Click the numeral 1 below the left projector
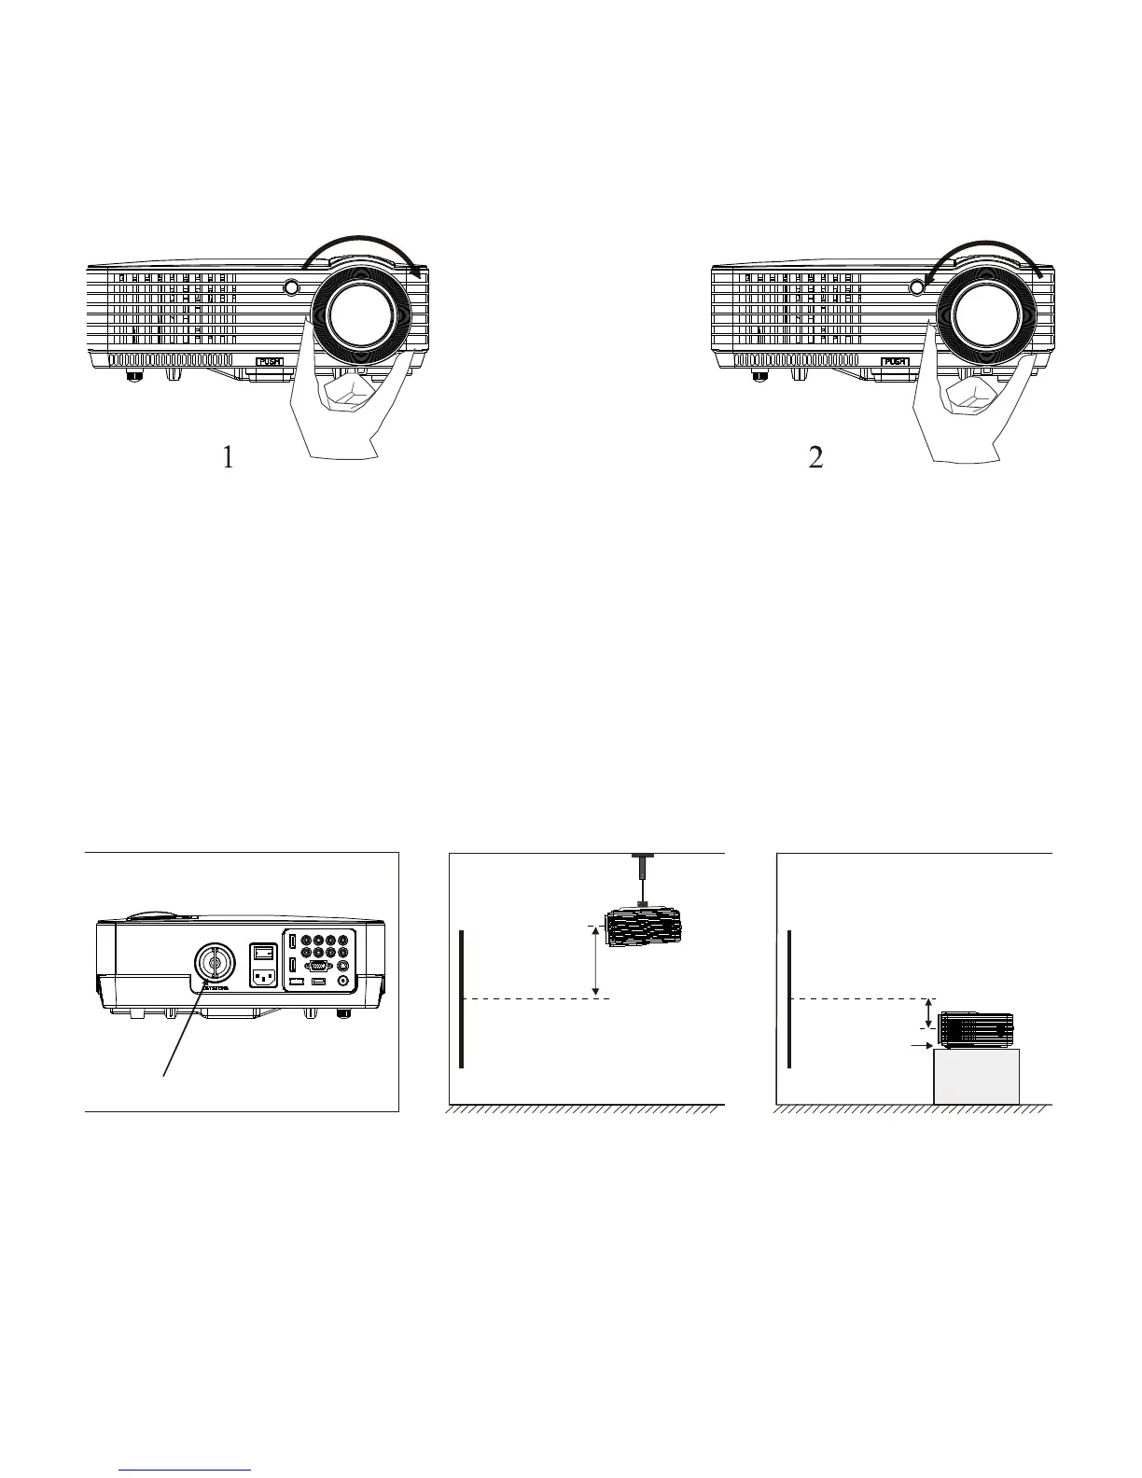coord(229,457)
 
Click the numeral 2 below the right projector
coord(816,457)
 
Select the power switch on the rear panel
coord(265,953)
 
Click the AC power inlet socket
coord(265,979)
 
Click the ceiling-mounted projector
coord(644,927)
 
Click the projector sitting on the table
coord(976,1027)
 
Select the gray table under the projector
coord(976,1077)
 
